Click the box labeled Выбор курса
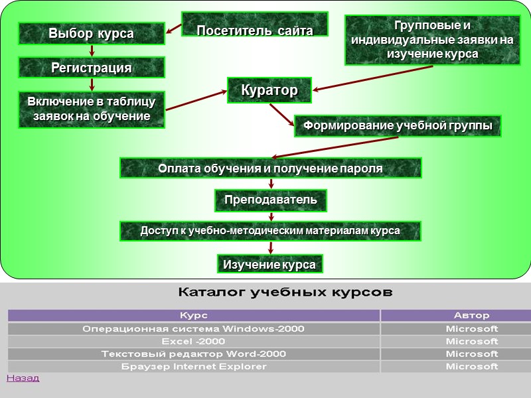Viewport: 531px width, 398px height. click(x=91, y=33)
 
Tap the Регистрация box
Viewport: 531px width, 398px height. click(x=91, y=68)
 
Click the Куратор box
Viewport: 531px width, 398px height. click(x=269, y=90)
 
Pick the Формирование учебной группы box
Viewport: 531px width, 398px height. click(x=398, y=125)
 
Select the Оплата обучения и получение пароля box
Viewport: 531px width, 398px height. click(x=270, y=168)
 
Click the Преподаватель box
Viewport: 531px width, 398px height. click(x=270, y=199)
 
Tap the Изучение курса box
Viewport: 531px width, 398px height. click(x=269, y=264)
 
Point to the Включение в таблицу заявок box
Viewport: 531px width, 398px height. click(x=91, y=109)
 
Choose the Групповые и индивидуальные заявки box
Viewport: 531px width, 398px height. click(x=431, y=40)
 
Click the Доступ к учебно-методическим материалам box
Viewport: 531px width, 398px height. click(x=270, y=231)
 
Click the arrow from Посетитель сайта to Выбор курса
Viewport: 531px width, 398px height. click(x=173, y=29)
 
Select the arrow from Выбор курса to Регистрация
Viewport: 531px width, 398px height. click(x=92, y=51)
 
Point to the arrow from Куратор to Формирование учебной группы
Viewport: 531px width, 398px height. click(x=282, y=114)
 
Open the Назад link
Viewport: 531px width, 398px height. click(x=23, y=378)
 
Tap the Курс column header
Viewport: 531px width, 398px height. click(x=194, y=316)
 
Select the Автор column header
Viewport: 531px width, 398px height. click(x=471, y=316)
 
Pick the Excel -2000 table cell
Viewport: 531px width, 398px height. click(x=194, y=341)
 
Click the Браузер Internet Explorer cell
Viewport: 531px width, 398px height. click(x=194, y=366)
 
